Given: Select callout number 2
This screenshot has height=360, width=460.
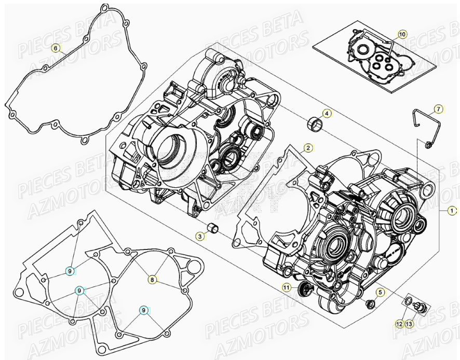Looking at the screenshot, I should [x=308, y=148].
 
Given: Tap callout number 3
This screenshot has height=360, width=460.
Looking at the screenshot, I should [x=199, y=236].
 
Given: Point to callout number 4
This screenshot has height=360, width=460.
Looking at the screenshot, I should [x=327, y=114].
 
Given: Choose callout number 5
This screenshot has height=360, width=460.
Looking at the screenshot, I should [x=380, y=293].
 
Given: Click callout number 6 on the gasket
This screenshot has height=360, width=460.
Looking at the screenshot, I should [x=56, y=49].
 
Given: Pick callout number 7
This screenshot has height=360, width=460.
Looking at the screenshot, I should [x=438, y=109].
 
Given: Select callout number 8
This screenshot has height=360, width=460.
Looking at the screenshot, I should [x=152, y=280].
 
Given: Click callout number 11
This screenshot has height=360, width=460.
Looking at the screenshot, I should [x=287, y=288].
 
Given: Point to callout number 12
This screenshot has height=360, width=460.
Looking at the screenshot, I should [x=399, y=324].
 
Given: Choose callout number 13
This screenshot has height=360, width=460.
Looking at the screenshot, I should [x=410, y=324].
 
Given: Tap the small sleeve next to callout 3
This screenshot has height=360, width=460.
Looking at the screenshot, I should [x=212, y=229].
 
